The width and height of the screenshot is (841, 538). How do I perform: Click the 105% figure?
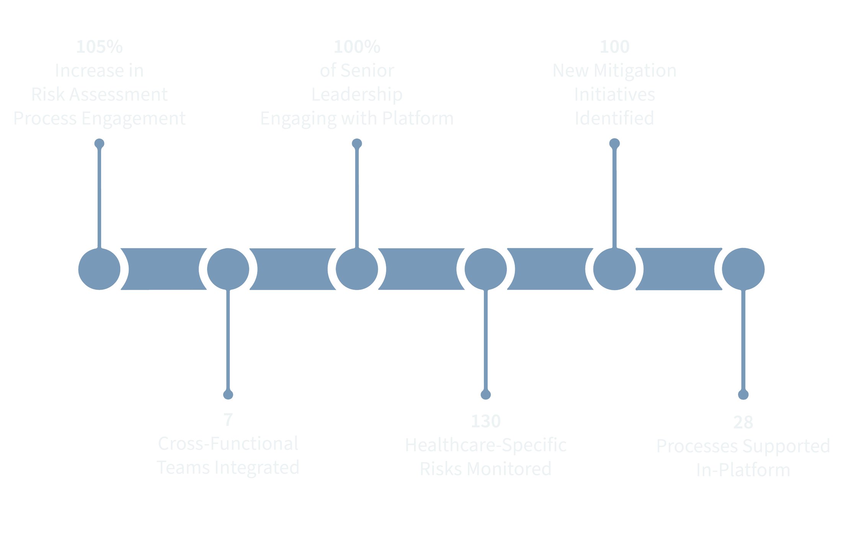tap(100, 47)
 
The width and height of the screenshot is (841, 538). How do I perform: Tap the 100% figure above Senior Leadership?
tap(357, 47)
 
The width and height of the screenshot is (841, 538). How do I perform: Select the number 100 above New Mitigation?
tap(614, 47)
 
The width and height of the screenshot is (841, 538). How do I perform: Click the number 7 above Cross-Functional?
tap(228, 420)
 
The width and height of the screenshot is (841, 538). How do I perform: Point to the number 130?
tap(486, 421)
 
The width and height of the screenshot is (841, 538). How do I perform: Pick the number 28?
tap(743, 422)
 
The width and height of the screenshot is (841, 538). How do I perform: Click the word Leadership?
tap(357, 95)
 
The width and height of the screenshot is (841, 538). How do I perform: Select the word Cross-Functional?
tap(228, 444)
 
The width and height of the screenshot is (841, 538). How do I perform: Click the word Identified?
tap(614, 118)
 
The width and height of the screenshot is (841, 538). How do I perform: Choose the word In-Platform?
tap(743, 470)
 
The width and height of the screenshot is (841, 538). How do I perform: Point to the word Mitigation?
tap(635, 71)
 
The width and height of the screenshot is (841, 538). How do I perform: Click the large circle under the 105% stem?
tap(100, 269)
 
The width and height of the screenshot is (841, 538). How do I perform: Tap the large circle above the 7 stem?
tap(228, 269)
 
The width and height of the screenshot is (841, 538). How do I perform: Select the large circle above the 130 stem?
tap(486, 269)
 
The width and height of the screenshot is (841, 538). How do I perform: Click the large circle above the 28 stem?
tap(743, 269)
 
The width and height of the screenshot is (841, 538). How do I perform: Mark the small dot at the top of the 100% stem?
tap(357, 143)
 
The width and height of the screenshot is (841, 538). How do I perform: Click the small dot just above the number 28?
tap(743, 395)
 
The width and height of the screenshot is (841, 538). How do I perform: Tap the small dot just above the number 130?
tap(486, 395)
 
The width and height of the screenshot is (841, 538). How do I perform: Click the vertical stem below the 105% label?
tap(100, 197)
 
